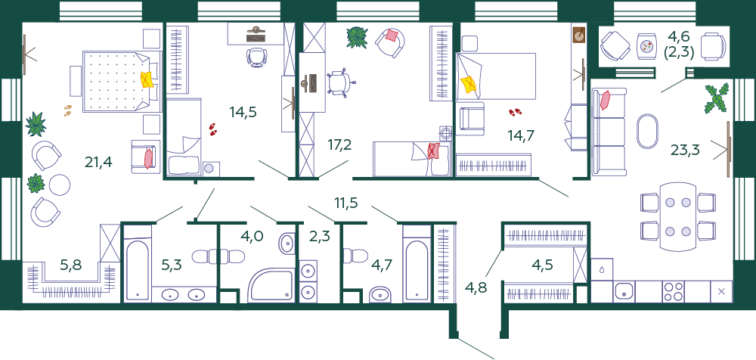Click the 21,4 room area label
click(x=98, y=162)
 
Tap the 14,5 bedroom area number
click(x=243, y=113)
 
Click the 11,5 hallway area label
click(x=347, y=203)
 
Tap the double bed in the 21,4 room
click(x=120, y=82)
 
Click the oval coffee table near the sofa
click(x=647, y=132)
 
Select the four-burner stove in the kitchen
click(x=673, y=291)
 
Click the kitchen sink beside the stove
click(x=624, y=291)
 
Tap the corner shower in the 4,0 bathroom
click(x=271, y=285)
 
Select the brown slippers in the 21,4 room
click(x=68, y=110)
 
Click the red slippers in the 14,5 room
click(x=213, y=129)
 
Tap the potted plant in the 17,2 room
click(x=357, y=38)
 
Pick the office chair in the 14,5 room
click(x=256, y=56)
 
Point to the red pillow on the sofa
click(x=605, y=100)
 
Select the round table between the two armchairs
click(x=60, y=185)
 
